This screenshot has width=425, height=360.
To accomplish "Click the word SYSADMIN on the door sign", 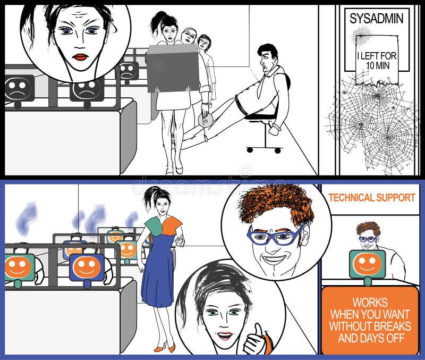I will (x=377, y=19).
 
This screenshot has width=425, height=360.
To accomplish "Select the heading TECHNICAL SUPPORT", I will (x=371, y=197).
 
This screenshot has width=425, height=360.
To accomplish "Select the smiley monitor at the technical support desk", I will (x=367, y=264).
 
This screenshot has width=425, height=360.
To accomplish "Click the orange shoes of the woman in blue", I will (x=164, y=348).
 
